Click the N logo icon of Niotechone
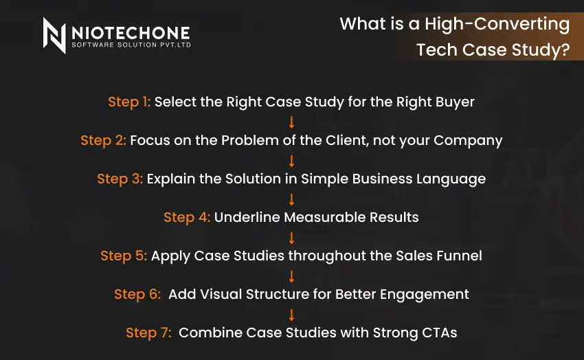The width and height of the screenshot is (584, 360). (54, 35)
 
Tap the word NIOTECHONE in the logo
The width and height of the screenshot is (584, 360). (131, 32)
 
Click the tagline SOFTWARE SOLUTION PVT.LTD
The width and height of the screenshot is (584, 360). (131, 45)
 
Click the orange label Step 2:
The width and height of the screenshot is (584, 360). (103, 140)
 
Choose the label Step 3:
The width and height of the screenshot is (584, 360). (120, 179)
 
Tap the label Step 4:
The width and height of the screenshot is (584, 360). (186, 217)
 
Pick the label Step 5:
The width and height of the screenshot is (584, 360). (124, 256)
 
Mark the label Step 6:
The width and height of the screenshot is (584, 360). (138, 294)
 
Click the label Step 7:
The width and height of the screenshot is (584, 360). (149, 333)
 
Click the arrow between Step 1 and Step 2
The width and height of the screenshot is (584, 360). (291, 122)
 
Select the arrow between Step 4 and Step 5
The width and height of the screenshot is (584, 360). (291, 237)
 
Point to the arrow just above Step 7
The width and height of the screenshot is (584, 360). (291, 314)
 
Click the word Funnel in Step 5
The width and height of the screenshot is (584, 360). (459, 256)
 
